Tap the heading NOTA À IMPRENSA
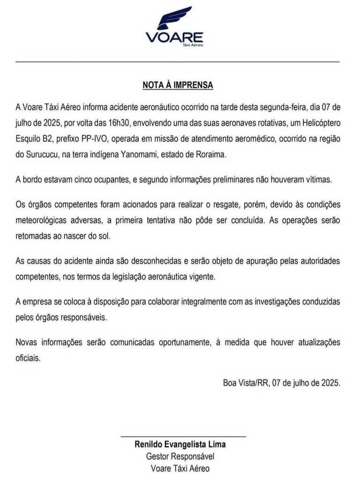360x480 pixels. (178, 86)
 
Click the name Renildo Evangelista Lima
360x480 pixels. (180, 444)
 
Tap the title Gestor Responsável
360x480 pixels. (180, 456)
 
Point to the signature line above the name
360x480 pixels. (183, 436)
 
